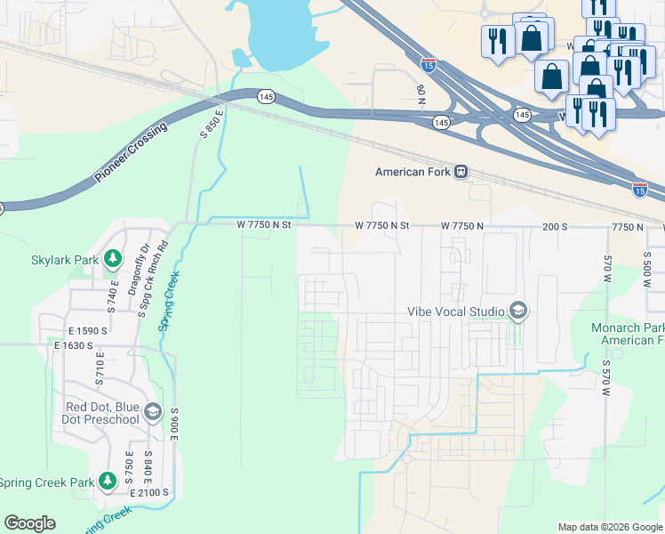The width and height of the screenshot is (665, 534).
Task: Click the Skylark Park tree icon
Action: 112,259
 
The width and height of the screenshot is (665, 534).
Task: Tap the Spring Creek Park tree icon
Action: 108,481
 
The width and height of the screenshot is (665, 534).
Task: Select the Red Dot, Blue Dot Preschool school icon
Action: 152,412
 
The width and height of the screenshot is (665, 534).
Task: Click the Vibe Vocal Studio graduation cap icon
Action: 518,311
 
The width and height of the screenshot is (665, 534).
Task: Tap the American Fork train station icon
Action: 461,172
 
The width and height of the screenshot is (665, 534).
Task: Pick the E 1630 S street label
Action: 74,344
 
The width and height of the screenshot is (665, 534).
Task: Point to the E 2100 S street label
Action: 148,492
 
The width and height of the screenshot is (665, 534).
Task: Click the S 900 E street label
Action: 174,426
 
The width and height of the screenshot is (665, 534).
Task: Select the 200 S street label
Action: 555,227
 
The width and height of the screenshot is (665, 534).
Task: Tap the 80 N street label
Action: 421,92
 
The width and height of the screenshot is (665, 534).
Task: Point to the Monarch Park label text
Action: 628,328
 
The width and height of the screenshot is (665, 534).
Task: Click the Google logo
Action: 29,523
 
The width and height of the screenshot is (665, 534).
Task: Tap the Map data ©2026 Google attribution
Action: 609,527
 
